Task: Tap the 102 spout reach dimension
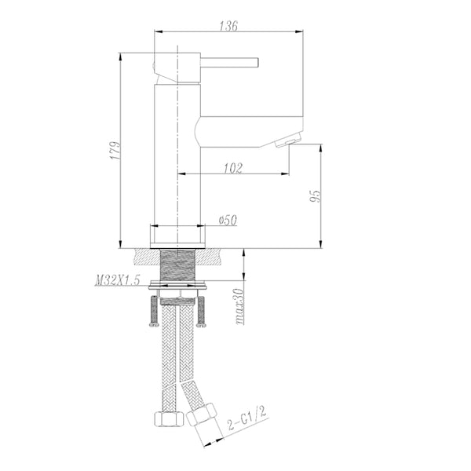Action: (x=232, y=167)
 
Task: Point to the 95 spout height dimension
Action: (x=315, y=196)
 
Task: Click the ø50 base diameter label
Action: (x=227, y=221)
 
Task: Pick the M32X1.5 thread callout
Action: (x=117, y=280)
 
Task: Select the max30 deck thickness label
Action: (x=238, y=306)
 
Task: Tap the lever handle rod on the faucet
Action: (x=232, y=61)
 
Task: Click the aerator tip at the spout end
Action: (x=287, y=141)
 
